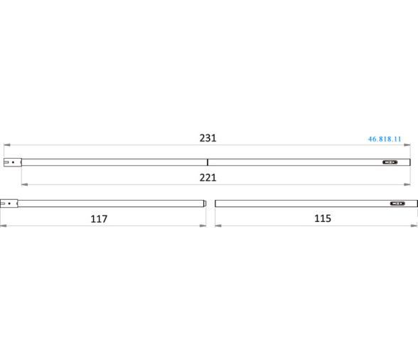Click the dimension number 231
point(208,138)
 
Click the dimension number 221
point(208,177)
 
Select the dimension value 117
point(99,219)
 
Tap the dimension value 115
point(323,218)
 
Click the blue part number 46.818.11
point(385,139)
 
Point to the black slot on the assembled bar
point(390,162)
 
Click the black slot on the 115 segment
point(397,203)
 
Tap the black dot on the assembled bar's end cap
point(13,162)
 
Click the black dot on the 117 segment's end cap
point(9,203)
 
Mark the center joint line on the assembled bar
point(208,162)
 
